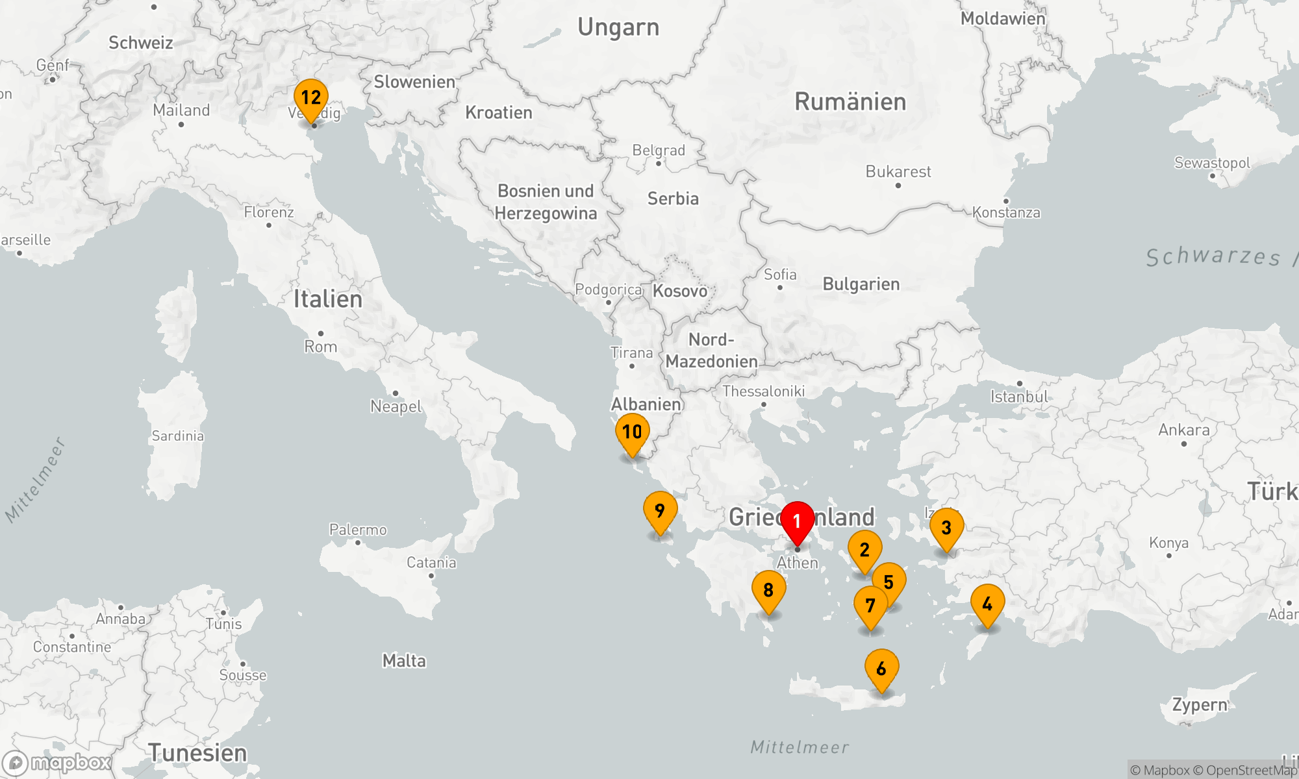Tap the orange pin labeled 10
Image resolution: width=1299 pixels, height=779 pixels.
tap(632, 432)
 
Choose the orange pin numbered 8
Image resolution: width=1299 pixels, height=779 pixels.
tap(768, 590)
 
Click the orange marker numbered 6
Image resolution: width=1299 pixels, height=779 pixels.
tap(881, 669)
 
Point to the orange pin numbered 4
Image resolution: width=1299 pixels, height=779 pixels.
tap(987, 604)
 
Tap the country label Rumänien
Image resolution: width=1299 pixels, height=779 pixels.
tap(850, 102)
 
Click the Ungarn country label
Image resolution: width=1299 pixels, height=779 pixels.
tap(618, 27)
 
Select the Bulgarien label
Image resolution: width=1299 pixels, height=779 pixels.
tap(861, 284)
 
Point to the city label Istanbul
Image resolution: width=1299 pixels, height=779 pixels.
tap(1019, 397)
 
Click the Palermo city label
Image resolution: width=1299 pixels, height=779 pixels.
tap(358, 530)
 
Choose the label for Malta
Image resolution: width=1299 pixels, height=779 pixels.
tap(404, 661)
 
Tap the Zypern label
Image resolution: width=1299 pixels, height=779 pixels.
tap(1200, 705)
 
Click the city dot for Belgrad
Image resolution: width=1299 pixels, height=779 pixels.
tap(659, 164)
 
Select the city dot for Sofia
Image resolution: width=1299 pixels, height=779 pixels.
tap(780, 288)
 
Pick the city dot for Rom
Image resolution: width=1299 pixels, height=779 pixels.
tap(321, 334)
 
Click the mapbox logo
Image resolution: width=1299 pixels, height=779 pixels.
tap(57, 763)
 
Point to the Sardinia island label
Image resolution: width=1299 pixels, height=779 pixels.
tap(178, 436)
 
